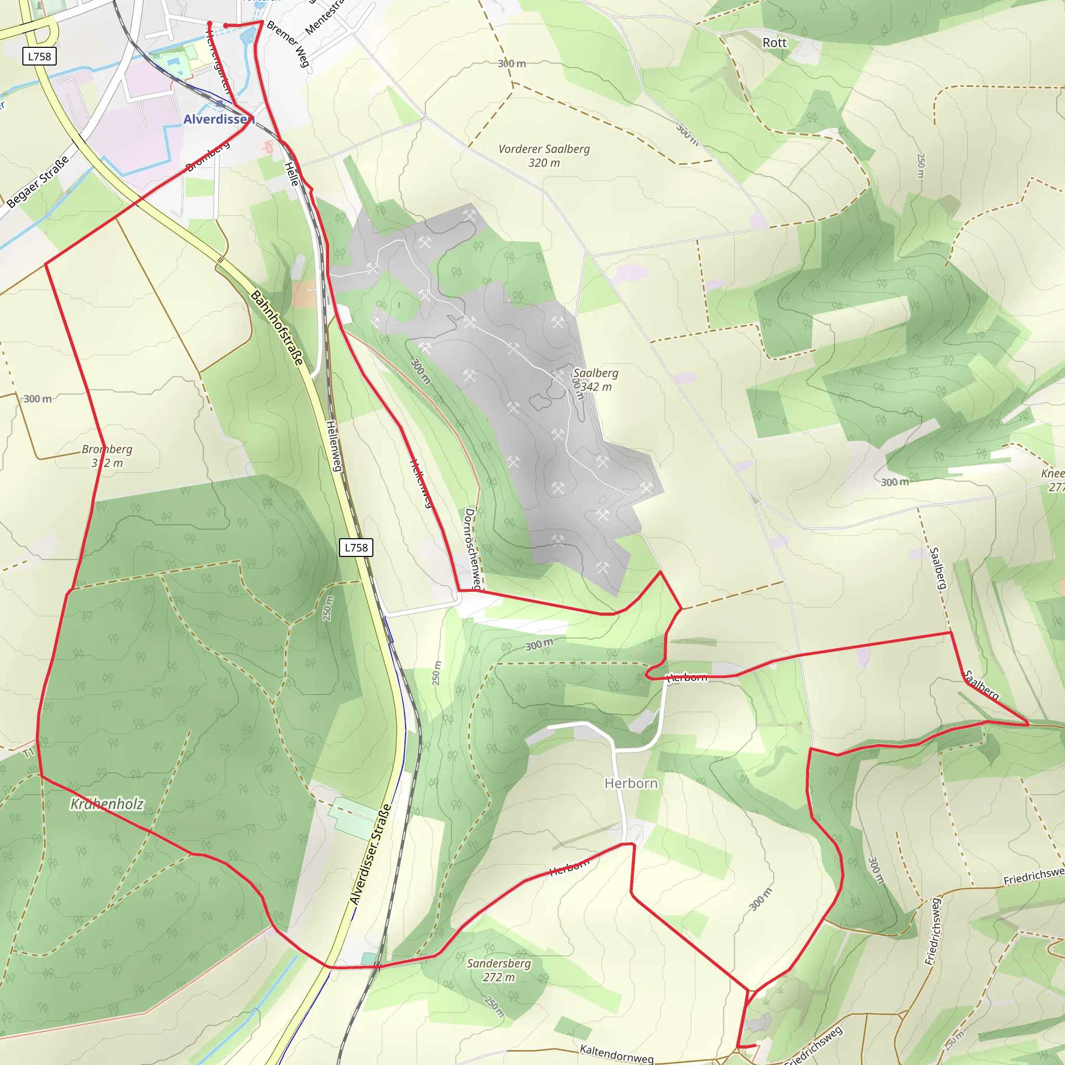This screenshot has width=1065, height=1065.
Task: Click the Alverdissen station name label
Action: point(218,120)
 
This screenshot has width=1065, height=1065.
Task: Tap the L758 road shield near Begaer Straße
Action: point(39,56)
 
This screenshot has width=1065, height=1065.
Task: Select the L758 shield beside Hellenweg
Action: point(356,548)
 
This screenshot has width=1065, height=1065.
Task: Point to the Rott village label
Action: point(774,43)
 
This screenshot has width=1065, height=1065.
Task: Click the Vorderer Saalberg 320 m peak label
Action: point(543,155)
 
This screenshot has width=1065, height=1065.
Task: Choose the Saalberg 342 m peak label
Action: point(595,379)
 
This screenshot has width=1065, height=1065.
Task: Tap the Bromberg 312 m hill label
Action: point(107,456)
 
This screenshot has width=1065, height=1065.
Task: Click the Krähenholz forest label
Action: point(107,804)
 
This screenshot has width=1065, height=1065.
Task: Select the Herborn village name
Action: point(631,783)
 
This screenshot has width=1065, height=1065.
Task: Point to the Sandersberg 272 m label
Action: point(498,970)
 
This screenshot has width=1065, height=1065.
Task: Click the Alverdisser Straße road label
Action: point(370,854)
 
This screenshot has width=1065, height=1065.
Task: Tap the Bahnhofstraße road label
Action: point(277,328)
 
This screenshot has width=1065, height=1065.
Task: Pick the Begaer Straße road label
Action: point(38,181)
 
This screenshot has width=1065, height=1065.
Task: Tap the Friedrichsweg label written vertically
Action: point(933,931)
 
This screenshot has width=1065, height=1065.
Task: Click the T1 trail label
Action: point(29,752)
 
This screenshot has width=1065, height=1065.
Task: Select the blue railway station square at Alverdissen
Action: point(219,103)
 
